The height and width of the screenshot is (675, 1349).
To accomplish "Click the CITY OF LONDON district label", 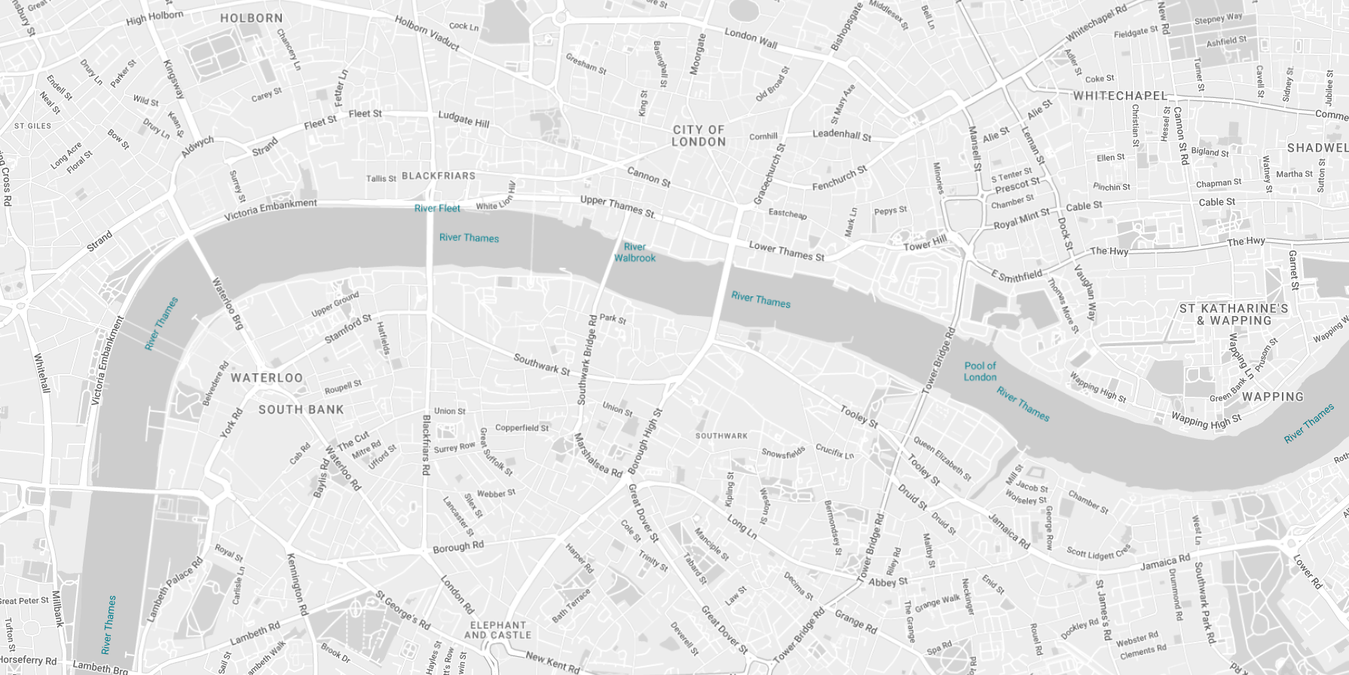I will [x=699, y=136].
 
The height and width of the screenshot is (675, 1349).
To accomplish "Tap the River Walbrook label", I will [x=635, y=253].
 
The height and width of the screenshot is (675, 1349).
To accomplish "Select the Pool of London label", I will [x=980, y=371].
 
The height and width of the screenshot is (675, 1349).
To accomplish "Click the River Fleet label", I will [x=437, y=208].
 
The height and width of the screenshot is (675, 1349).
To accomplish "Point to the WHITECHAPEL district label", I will [x=1120, y=96].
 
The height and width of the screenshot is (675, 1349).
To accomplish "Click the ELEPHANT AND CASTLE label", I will [x=497, y=631].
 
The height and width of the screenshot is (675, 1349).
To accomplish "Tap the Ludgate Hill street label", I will [x=463, y=118].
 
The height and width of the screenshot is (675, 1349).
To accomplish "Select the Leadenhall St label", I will [x=841, y=135].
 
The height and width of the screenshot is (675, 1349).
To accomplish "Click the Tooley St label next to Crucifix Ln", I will [x=859, y=416].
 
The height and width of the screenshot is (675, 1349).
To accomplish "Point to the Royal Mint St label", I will [x=1021, y=219].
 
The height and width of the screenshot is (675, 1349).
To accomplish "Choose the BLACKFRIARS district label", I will [x=439, y=176].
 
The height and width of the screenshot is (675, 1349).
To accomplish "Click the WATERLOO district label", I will [x=267, y=378].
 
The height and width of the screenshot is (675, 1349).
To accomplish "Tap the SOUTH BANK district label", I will [x=301, y=410].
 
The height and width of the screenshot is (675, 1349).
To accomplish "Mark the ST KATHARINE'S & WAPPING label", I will [x=1234, y=314].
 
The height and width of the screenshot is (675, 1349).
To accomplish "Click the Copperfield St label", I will [x=522, y=428].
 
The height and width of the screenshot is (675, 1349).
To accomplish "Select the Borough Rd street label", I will [x=458, y=547].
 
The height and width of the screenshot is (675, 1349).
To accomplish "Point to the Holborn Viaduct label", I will [x=427, y=33].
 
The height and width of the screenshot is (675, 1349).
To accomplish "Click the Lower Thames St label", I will [x=786, y=251].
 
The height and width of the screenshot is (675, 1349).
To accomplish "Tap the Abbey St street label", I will [x=888, y=581].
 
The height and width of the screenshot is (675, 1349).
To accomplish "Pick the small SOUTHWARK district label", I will [x=721, y=436].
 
